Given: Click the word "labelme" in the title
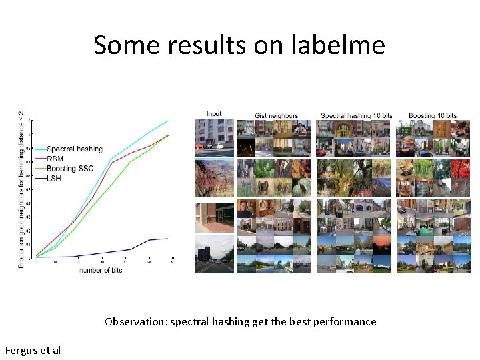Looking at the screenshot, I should click(x=338, y=45).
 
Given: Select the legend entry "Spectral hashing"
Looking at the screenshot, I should click(x=74, y=149).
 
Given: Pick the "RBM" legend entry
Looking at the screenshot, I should click(x=55, y=159).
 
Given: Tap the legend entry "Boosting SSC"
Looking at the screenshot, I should click(x=69, y=169).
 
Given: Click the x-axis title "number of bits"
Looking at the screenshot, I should click(x=100, y=269).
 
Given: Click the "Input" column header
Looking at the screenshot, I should click(x=214, y=114).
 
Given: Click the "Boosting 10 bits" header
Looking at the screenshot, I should click(x=432, y=115).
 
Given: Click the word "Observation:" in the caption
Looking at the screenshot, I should click(x=136, y=321).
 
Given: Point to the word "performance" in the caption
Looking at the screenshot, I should click(x=343, y=321).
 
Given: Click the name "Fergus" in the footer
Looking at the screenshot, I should click(x=21, y=349).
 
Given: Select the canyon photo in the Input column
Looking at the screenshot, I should click(x=214, y=178).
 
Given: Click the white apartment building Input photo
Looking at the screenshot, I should click(x=214, y=137).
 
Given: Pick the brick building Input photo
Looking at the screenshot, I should click(x=214, y=218).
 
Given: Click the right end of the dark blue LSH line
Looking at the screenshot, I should click(x=167, y=238).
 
